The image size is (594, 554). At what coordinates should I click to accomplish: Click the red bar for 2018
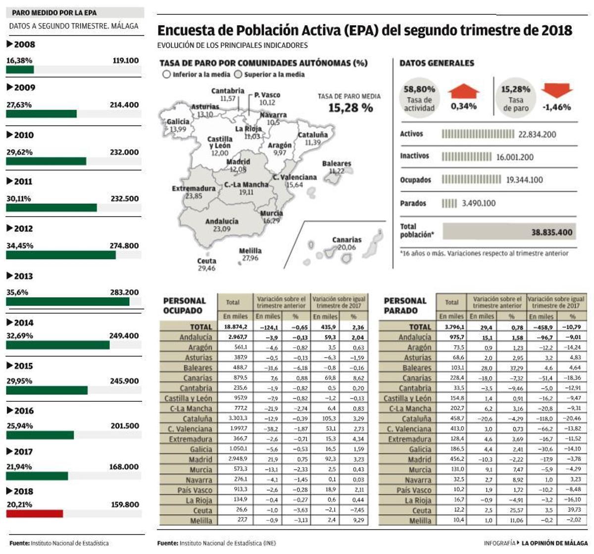34,513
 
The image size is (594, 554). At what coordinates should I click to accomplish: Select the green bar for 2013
67,301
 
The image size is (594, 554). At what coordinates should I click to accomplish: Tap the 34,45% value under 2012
19,245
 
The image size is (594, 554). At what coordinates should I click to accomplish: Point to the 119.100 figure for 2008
126,60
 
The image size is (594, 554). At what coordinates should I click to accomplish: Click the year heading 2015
23,366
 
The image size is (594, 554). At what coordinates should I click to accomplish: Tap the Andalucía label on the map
222,222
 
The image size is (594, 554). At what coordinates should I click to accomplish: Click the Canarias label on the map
346,240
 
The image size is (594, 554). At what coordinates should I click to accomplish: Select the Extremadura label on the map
194,188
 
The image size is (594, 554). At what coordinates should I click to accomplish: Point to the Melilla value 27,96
249,258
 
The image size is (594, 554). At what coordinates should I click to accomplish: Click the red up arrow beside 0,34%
463,92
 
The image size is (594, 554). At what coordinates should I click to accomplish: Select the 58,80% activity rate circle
419,98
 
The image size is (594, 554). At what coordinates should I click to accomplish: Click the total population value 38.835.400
551,232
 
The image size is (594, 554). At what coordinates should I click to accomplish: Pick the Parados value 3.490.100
478,203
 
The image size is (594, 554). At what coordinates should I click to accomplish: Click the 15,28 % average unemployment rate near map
350,108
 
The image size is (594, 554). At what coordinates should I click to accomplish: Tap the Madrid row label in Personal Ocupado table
200,459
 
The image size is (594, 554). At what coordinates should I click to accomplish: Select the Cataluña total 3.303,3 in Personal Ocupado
236,419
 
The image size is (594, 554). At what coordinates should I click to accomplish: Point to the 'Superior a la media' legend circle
238,74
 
